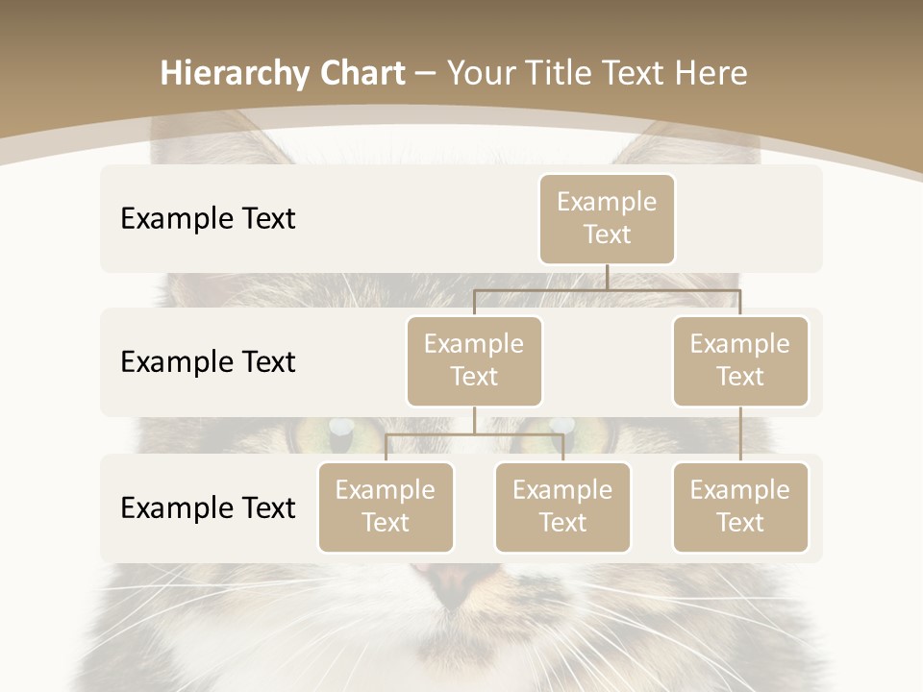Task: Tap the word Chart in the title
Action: click(x=358, y=74)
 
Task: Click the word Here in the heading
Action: click(x=710, y=74)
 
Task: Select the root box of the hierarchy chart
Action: click(x=607, y=218)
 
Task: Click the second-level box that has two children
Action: click(x=474, y=360)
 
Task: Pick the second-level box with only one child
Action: click(x=740, y=360)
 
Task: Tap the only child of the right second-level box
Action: click(x=740, y=507)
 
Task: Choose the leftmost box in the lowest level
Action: click(x=386, y=507)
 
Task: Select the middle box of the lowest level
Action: click(x=562, y=507)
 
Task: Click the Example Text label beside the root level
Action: click(x=208, y=219)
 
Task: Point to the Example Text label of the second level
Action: click(x=208, y=362)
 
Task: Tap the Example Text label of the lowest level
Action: click(x=208, y=508)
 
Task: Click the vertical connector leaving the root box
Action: click(x=607, y=276)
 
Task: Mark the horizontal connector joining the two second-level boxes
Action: click(x=607, y=289)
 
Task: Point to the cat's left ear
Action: click(x=207, y=135)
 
